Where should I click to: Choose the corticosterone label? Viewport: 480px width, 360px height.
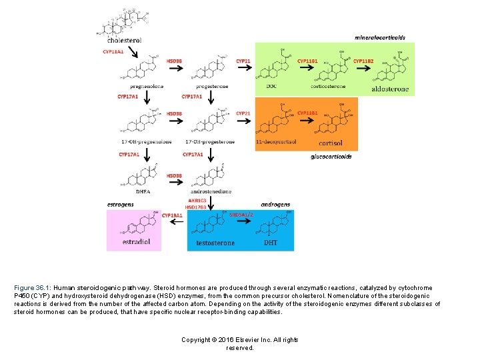(328, 87)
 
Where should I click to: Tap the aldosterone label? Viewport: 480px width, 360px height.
(390, 89)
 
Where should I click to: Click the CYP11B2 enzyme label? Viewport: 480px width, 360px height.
(363, 61)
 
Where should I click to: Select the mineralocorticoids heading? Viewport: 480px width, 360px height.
(380, 37)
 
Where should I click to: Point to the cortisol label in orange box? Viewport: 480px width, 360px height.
(331, 143)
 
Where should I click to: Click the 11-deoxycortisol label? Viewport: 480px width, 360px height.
(276, 142)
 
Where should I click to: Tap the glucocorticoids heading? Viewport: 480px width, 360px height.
(331, 157)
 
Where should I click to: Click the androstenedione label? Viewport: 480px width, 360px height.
(210, 191)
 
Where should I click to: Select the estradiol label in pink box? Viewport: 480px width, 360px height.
(137, 241)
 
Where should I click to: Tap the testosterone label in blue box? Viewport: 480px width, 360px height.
(215, 243)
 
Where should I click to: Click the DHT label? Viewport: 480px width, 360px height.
(271, 243)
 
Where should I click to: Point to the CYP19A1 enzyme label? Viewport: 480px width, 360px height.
(172, 215)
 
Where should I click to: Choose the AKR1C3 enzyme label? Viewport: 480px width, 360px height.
(197, 200)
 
